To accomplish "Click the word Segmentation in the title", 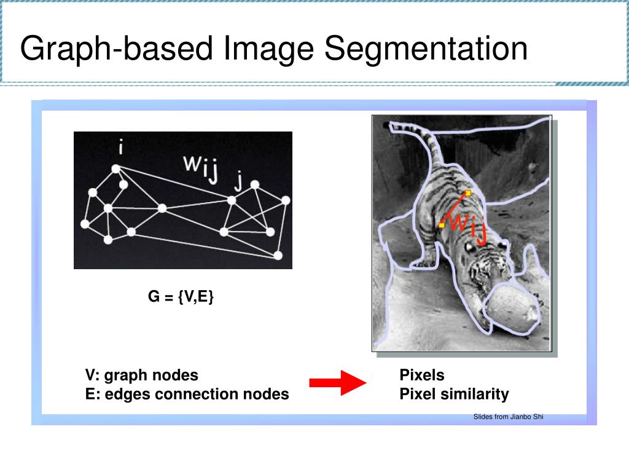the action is point(426,49).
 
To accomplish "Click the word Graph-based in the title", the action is point(116,49).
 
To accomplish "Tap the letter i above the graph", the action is point(121,147).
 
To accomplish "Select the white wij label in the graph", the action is point(201,168).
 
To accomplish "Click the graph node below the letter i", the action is point(115,169).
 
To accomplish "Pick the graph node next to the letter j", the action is point(232,200).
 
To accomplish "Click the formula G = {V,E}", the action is point(181,297).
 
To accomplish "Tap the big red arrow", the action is point(338,382).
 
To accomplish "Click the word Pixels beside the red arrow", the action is point(422,375).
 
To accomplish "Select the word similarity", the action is point(475,394).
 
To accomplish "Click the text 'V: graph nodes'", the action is point(142,376).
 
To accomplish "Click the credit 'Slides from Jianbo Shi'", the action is point(508,417).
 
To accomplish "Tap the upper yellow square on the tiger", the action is point(467,193).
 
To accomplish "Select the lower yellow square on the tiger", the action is point(441,225).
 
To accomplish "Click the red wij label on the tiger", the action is point(469,226).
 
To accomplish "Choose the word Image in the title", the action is point(268,49).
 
